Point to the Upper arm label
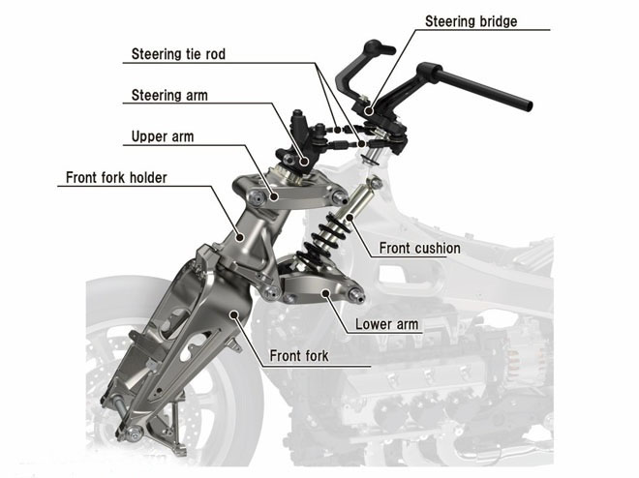click(x=162, y=136)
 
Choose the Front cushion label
click(x=419, y=248)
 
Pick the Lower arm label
click(x=387, y=324)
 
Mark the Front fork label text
click(x=299, y=356)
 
